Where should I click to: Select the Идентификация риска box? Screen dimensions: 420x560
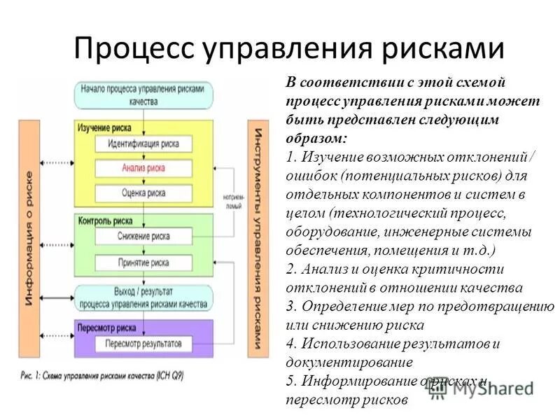click(x=143, y=144)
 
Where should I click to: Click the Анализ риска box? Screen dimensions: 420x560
click(x=143, y=168)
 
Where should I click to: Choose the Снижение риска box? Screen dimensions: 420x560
click(x=143, y=237)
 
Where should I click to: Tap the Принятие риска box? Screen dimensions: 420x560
click(x=143, y=263)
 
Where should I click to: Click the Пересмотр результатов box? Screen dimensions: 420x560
click(x=143, y=344)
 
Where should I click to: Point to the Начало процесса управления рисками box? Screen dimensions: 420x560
click(x=143, y=95)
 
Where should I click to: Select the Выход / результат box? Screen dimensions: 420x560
click(x=143, y=297)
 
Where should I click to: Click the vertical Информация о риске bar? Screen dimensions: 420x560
click(x=30, y=239)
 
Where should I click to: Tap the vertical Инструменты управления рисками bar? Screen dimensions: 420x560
click(x=258, y=239)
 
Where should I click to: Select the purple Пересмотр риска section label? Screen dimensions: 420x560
click(x=104, y=327)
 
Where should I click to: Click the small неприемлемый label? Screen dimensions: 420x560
click(x=232, y=202)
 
